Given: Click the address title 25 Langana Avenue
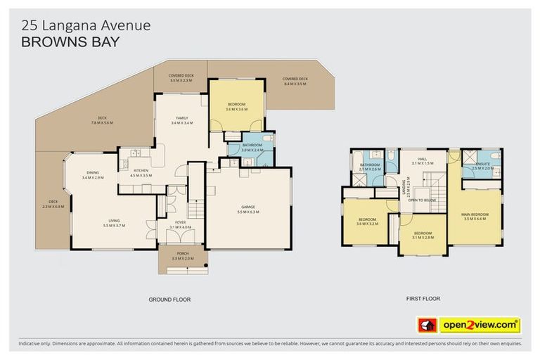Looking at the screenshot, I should pyautogui.click(x=85, y=25).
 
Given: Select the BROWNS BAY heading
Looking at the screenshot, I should pyautogui.click(x=71, y=41).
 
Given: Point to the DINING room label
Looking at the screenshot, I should pyautogui.click(x=93, y=175).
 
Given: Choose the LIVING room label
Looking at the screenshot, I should pyautogui.click(x=114, y=223).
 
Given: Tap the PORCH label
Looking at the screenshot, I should pyautogui.click(x=181, y=257).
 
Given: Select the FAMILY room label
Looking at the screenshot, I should pyautogui.click(x=181, y=120).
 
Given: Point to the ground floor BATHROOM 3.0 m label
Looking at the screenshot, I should pyautogui.click(x=252, y=148).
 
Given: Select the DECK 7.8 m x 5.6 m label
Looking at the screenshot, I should pyautogui.click(x=102, y=120).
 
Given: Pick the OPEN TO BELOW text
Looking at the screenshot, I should pyautogui.click(x=422, y=200).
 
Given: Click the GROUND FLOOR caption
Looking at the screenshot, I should pyautogui.click(x=169, y=300).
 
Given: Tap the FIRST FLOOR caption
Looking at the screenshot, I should pyautogui.click(x=423, y=299).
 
